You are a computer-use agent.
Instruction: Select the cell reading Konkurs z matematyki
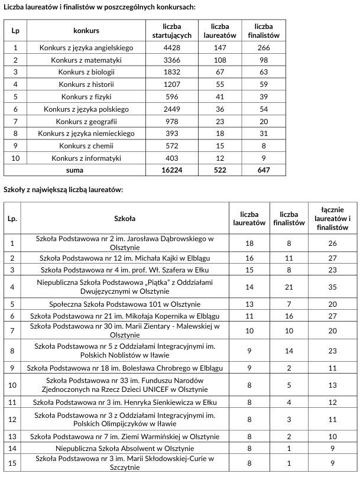coord(86,60)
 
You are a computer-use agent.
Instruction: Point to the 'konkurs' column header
coord(86,30)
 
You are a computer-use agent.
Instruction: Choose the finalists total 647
coord(264,170)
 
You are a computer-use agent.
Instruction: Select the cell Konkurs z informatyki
coord(86,158)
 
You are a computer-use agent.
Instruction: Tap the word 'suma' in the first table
coord(74,170)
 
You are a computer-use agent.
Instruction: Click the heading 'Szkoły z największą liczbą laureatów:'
coord(63,189)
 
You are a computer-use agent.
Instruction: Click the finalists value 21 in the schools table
coord(289,287)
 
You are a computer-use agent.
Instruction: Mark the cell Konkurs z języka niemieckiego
coord(86,134)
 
